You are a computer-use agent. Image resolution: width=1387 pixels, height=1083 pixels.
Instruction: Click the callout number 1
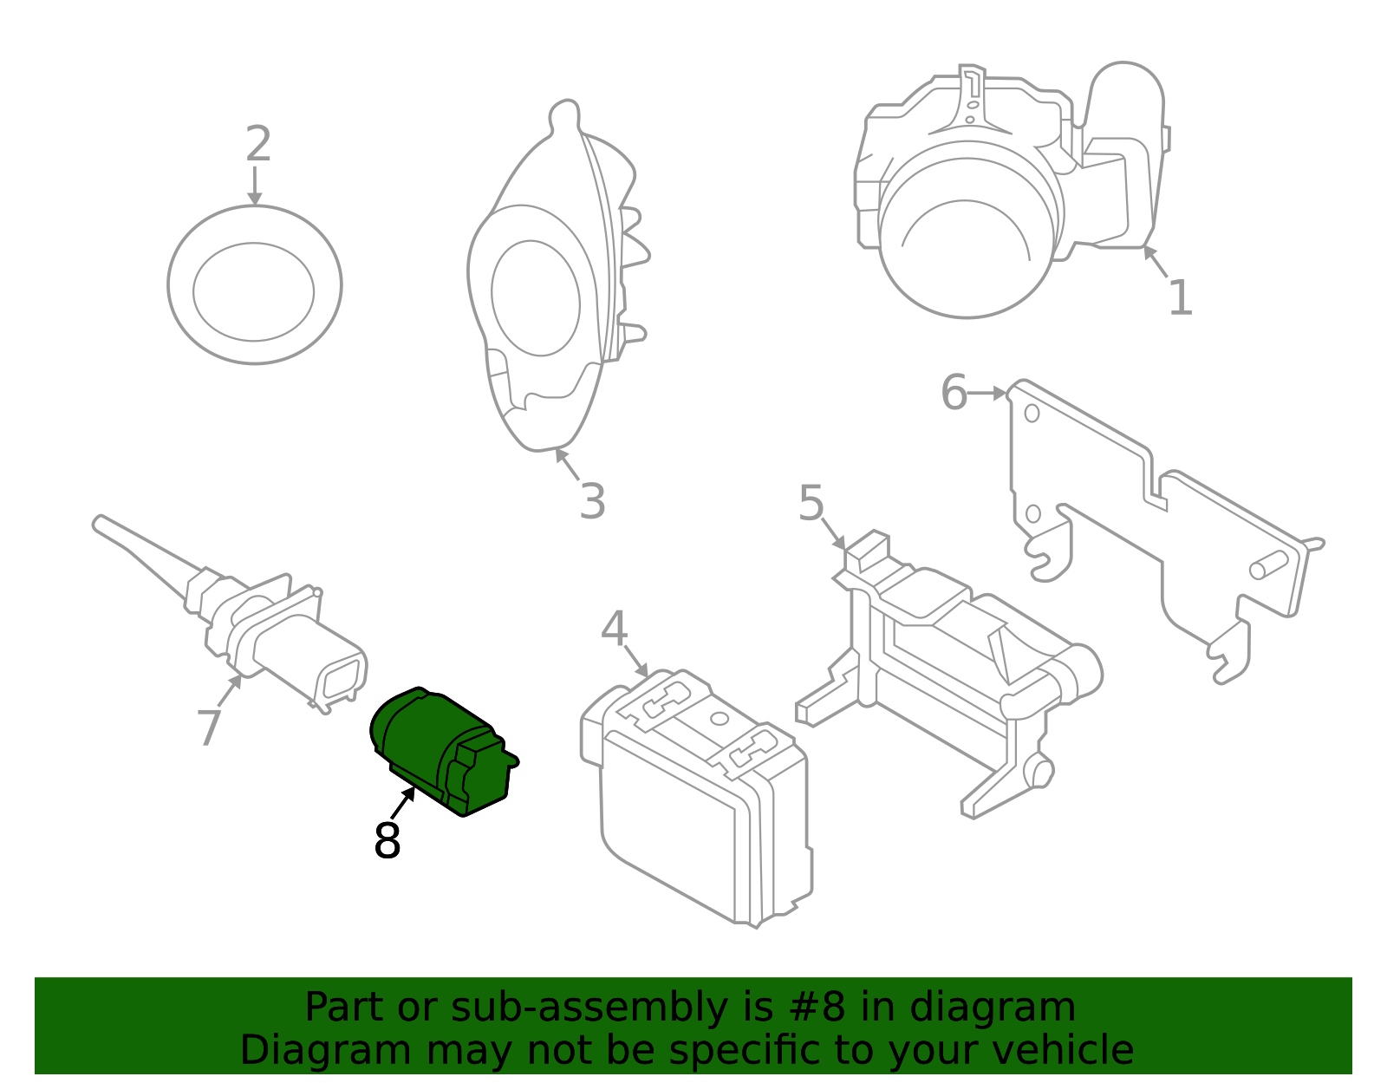[x=1180, y=298]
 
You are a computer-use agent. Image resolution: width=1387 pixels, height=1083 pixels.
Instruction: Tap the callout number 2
[x=257, y=144]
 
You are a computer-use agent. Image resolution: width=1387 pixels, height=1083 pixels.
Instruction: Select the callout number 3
[x=592, y=501]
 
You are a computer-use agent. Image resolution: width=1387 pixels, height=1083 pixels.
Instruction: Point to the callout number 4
[x=614, y=630]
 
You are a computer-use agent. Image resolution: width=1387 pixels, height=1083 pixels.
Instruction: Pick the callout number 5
[x=811, y=504]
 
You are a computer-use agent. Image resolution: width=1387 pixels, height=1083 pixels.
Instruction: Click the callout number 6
[x=954, y=393]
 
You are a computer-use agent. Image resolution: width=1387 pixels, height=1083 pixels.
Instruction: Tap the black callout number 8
[x=387, y=840]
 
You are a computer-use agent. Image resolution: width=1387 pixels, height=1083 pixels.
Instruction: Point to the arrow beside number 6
[x=987, y=394]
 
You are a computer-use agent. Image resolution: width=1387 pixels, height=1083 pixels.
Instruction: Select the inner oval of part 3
[x=535, y=297]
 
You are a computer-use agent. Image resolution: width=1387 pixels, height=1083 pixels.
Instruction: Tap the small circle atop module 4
[x=719, y=718]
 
